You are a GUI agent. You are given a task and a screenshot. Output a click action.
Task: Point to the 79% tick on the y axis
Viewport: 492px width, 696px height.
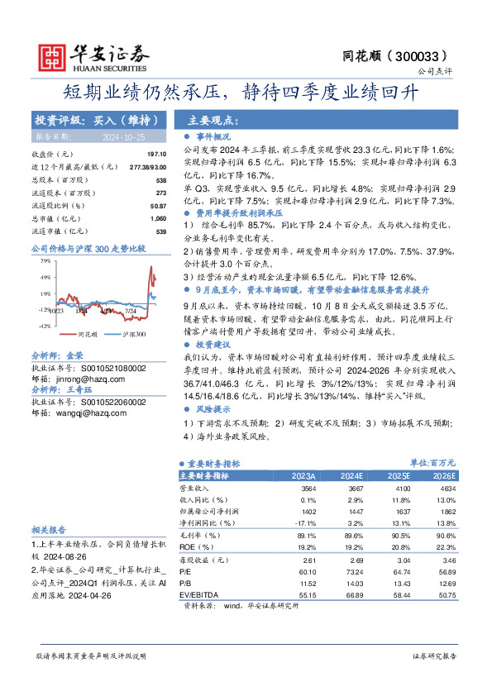[x=43, y=261]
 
